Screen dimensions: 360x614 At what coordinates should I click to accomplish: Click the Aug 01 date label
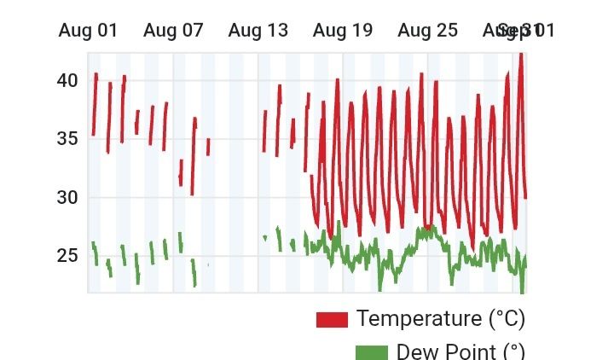[x=88, y=31]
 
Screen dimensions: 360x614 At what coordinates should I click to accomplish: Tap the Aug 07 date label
[x=173, y=31]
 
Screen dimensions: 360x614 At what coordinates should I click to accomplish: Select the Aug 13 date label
[x=258, y=31]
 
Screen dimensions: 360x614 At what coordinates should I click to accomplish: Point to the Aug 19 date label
[x=343, y=31]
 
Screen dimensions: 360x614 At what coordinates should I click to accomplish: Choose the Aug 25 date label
[x=427, y=31]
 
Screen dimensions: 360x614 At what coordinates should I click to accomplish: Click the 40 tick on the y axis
[x=67, y=80]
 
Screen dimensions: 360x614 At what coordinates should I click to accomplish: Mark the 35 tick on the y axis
[x=67, y=139]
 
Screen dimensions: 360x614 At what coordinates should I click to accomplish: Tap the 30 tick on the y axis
[x=67, y=198]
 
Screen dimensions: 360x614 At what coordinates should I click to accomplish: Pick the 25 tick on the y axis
[x=67, y=256]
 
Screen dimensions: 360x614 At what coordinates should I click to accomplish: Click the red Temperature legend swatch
[x=332, y=320]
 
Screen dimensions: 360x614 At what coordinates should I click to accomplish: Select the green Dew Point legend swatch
[x=371, y=352]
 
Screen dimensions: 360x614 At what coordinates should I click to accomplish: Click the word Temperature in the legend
[x=419, y=319]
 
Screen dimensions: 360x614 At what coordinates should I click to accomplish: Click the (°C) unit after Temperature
[x=507, y=319]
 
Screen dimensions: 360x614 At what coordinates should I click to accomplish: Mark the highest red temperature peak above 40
[x=520, y=55]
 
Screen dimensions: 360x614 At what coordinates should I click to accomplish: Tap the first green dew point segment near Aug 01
[x=95, y=253]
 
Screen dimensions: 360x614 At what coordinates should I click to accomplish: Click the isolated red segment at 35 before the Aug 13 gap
[x=207, y=146]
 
